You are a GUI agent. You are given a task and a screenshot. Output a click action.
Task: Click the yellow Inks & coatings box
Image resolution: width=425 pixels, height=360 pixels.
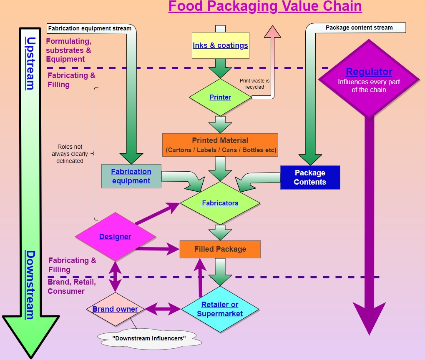220,45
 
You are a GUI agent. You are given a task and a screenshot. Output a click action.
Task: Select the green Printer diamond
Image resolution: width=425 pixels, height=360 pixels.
220,97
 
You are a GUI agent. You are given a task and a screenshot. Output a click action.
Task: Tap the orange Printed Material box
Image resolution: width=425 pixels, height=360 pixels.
220,145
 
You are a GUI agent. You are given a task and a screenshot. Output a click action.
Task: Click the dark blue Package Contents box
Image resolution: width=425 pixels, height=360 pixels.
310,177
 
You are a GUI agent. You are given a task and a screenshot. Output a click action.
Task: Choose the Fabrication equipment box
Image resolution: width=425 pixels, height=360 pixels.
131,176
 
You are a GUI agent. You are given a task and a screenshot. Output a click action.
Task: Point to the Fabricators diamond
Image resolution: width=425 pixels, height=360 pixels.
220,203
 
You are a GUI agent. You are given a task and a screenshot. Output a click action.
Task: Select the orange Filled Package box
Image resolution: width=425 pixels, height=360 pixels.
220,249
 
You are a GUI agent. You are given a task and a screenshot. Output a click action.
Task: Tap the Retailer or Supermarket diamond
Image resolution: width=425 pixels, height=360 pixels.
220,309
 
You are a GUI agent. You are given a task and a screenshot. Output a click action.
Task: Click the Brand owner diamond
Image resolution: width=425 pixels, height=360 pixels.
115,309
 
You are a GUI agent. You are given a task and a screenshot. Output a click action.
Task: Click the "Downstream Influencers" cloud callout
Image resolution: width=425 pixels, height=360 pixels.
149,338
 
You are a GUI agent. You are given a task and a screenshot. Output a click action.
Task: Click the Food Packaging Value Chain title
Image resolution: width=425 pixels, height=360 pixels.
265,7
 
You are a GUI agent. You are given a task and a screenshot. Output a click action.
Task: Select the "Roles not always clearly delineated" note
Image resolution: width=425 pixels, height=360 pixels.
70,154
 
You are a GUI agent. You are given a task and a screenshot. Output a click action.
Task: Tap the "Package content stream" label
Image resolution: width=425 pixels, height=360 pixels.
359,28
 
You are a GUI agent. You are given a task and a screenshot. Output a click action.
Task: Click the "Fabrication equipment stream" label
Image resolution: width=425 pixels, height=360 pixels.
90,29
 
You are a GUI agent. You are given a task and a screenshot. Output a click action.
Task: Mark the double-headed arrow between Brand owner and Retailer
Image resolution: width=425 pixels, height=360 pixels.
163,309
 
